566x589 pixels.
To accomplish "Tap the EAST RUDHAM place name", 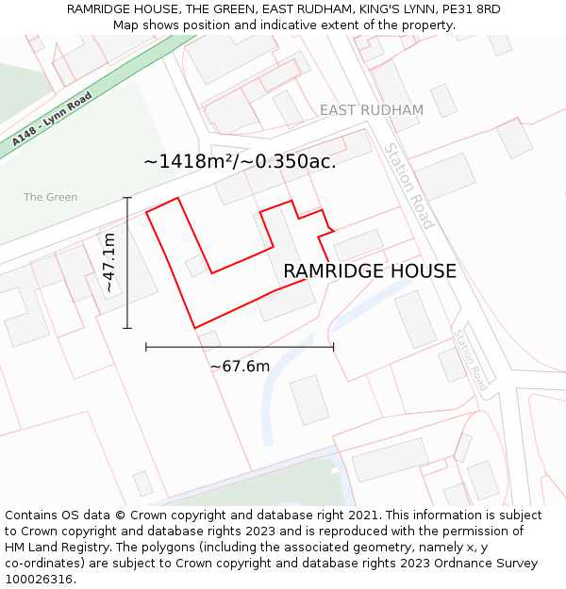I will (371, 110).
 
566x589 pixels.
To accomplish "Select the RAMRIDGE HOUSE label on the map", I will (370, 271).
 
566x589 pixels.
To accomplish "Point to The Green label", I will (51, 197).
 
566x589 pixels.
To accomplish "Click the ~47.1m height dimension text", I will (109, 263).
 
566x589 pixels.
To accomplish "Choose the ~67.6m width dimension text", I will (240, 366).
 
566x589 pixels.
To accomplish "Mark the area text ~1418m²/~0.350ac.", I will (240, 161).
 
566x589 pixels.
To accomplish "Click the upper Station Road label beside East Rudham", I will (408, 186).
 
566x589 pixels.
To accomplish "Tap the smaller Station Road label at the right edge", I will (470, 360).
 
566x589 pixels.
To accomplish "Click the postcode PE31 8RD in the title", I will (470, 8).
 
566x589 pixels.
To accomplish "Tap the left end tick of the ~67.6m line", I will (146, 347).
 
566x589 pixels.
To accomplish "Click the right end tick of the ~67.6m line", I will (333, 347).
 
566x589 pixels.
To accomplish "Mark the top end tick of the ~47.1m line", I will (127, 198).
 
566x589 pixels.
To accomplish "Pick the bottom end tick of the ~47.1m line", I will (127, 328).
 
